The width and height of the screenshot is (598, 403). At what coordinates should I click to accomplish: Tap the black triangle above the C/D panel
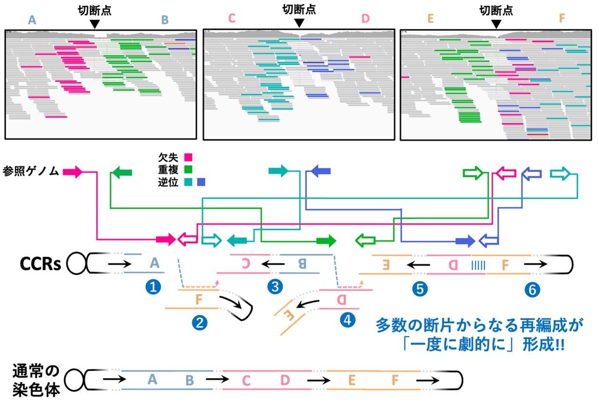pos(299,23)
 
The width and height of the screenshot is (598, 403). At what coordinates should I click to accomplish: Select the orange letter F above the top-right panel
pos(562,19)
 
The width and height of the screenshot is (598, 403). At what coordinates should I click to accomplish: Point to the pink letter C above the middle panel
pos(231,19)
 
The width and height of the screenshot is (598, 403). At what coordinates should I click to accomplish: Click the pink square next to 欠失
pos(188,157)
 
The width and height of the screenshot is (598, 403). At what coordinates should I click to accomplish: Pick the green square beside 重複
pos(188,170)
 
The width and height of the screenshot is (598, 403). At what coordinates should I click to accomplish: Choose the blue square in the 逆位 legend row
pos(201,182)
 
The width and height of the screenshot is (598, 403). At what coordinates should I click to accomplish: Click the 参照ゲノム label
pos(30,172)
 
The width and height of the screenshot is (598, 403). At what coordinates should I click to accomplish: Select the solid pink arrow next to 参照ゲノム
pos(74,172)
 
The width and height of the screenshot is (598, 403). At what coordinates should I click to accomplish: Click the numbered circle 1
pos(154,287)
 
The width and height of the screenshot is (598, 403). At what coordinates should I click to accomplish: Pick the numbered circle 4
pos(347,320)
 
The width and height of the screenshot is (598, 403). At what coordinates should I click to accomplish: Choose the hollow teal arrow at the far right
pos(560,173)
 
